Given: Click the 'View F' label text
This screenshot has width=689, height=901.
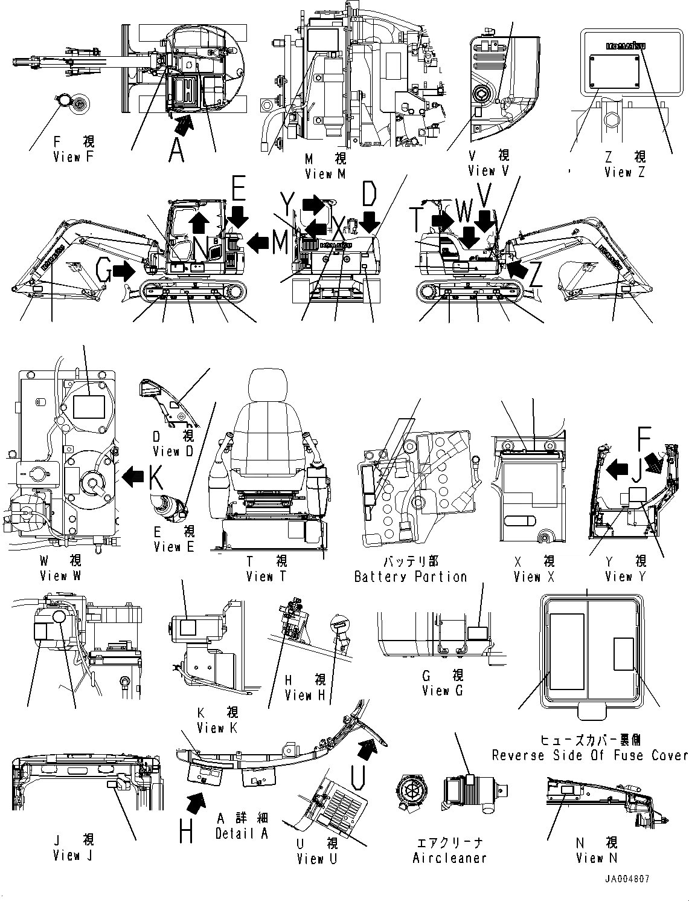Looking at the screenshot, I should pyautogui.click(x=74, y=158).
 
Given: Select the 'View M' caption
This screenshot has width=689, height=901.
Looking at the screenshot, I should pyautogui.click(x=325, y=174).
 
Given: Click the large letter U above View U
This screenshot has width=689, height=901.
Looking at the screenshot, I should pyautogui.click(x=357, y=777).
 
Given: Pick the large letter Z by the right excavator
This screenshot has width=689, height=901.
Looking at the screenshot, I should pyautogui.click(x=535, y=275).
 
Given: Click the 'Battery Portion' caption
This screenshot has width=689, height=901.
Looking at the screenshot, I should pyautogui.click(x=411, y=577).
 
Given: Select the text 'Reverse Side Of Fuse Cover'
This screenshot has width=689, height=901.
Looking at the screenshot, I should pyautogui.click(x=590, y=755).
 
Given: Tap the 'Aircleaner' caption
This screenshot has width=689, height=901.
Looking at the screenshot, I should pyautogui.click(x=449, y=857).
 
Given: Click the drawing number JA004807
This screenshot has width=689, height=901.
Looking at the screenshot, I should pyautogui.click(x=626, y=879).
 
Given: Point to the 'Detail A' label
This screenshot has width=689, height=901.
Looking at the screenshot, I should pyautogui.click(x=241, y=833).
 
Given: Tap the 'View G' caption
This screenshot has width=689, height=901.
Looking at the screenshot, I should pyautogui.click(x=443, y=690).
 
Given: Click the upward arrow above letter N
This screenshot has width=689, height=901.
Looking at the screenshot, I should pyautogui.click(x=197, y=224).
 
